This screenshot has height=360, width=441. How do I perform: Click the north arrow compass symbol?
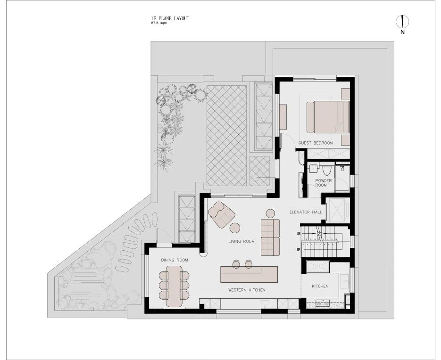click(402, 22)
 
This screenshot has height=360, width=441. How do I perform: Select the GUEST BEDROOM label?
click(316, 143)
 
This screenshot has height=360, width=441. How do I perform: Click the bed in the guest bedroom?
click(329, 116)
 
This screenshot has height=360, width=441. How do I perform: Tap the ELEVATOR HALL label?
click(306, 212)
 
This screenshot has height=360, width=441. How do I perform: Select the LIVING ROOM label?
click(241, 241)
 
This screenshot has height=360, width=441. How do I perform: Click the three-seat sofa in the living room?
click(270, 237)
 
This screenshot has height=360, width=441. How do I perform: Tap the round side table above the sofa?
click(271, 213)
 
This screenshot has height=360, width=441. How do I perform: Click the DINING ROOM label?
click(174, 260)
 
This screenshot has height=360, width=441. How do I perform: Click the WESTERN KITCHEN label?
click(246, 290)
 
